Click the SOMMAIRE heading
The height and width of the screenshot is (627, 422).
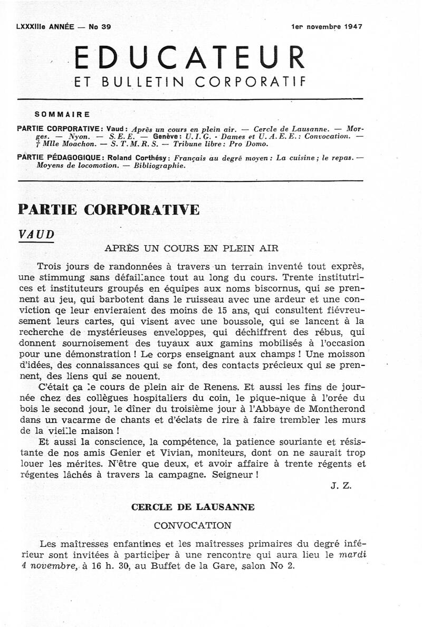tap(62, 114)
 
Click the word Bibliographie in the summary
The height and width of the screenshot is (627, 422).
tap(160, 165)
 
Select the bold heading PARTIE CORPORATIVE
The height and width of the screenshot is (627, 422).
tap(109, 209)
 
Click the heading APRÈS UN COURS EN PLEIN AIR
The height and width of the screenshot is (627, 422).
tap(191, 248)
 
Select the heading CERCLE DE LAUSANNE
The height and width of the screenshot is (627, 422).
tap(193, 507)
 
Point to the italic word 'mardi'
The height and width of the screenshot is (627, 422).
tap(352, 554)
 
